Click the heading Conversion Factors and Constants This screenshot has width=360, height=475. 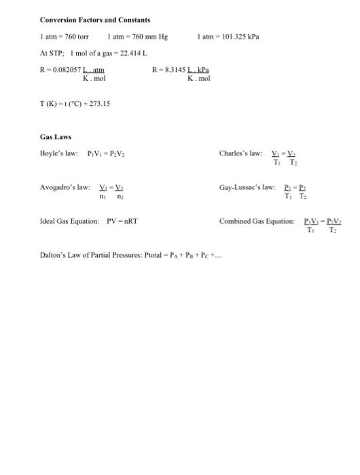pyautogui.click(x=95, y=20)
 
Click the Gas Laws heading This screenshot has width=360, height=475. pyautogui.click(x=56, y=136)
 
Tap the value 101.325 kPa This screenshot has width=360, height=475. pyautogui.click(x=241, y=36)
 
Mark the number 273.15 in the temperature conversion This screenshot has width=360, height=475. pyautogui.click(x=99, y=104)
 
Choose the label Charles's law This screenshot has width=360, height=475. pyautogui.click(x=241, y=153)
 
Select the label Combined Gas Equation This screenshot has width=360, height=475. pyautogui.click(x=257, y=221)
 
